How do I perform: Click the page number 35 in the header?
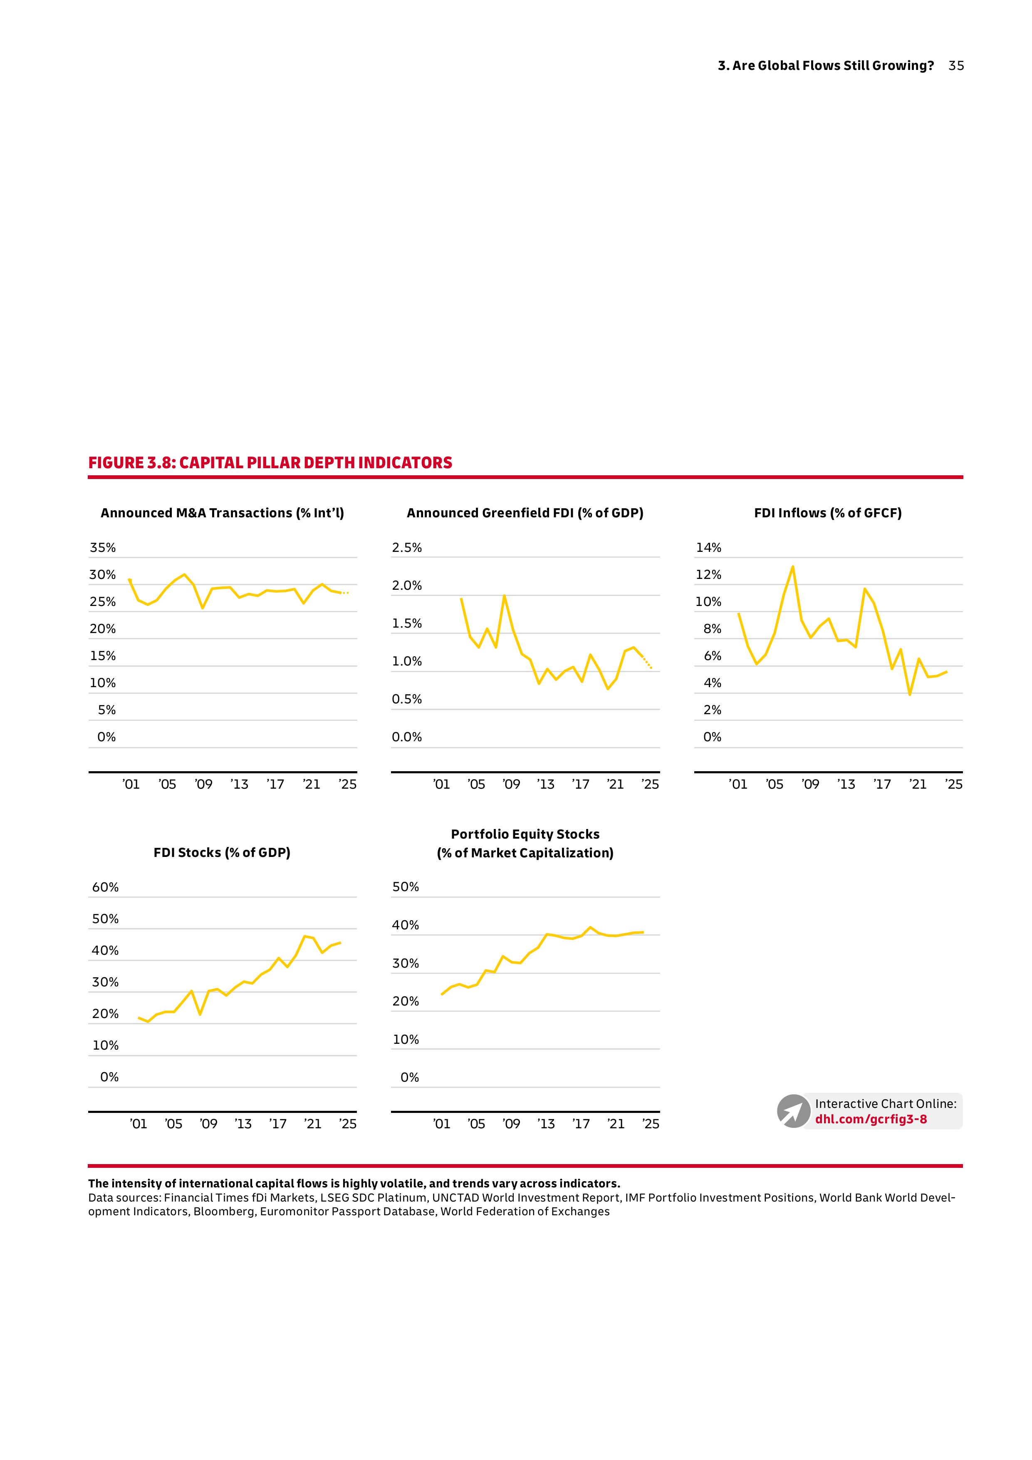pyautogui.click(x=956, y=65)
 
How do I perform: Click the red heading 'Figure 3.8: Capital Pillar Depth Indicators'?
pyautogui.click(x=270, y=463)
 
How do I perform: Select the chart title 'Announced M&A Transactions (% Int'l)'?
pyautogui.click(x=223, y=513)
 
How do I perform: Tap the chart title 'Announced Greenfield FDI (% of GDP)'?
pyautogui.click(x=525, y=513)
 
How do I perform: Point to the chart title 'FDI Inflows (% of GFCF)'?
pyautogui.click(x=827, y=513)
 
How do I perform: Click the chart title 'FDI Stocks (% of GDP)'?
pyautogui.click(x=222, y=853)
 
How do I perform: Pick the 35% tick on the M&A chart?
pyautogui.click(x=103, y=548)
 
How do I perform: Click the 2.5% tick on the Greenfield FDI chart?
pyautogui.click(x=407, y=548)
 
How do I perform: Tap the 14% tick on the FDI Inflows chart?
pyautogui.click(x=708, y=548)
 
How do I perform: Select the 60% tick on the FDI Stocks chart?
pyautogui.click(x=106, y=887)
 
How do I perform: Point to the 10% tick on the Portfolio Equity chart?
pyautogui.click(x=406, y=1040)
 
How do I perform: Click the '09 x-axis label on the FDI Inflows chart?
pyautogui.click(x=810, y=785)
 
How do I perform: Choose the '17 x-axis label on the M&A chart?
pyautogui.click(x=275, y=785)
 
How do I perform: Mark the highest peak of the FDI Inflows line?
pyautogui.click(x=792, y=566)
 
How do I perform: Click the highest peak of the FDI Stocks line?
pyautogui.click(x=305, y=936)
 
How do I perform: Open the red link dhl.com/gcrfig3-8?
pyautogui.click(x=871, y=1119)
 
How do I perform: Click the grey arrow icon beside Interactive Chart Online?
pyautogui.click(x=793, y=1112)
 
